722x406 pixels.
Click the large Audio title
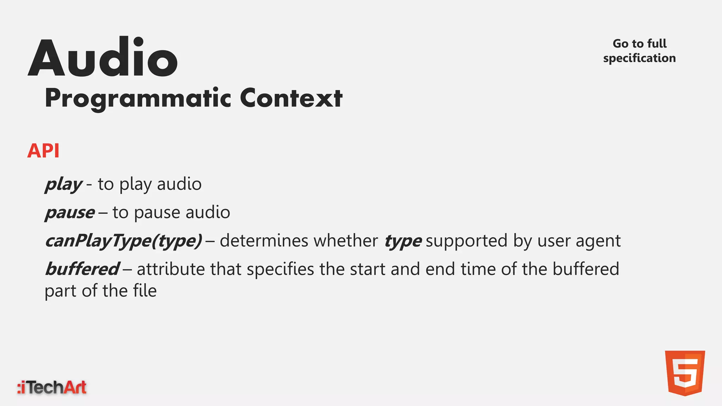[103, 58]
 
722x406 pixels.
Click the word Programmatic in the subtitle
[138, 98]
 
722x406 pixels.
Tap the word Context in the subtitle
[291, 98]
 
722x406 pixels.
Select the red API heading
[43, 151]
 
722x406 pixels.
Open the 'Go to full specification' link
[639, 51]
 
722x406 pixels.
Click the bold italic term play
[63, 184]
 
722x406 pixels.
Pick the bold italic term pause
[70, 213]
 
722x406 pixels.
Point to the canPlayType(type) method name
[124, 241]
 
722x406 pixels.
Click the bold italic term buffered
[82, 269]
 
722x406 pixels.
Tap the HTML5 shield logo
[685, 373]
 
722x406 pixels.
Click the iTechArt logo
[52, 387]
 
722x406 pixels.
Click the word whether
[345, 241]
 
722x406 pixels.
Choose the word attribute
[171, 269]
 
